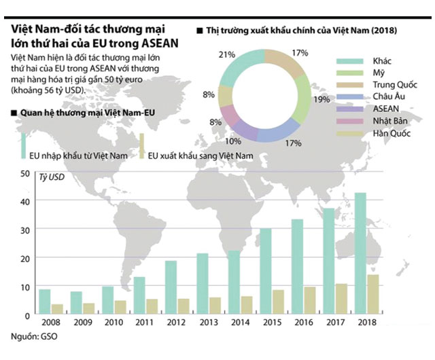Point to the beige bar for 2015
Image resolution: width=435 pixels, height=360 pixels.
(278, 302)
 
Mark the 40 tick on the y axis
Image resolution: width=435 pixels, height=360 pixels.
(24, 202)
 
